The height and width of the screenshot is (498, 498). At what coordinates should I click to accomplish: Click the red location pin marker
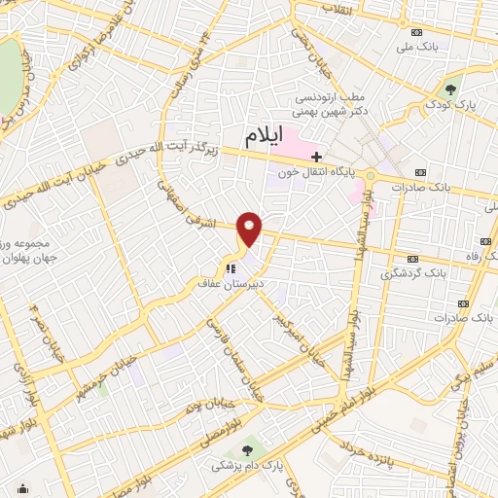pyautogui.click(x=250, y=230)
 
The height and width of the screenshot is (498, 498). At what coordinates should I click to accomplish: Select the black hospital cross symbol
pyautogui.click(x=316, y=156)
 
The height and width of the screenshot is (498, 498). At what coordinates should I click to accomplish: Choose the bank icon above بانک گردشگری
pyautogui.click(x=412, y=259)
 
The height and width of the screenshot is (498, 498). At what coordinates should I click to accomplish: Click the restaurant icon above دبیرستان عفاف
pyautogui.click(x=231, y=268)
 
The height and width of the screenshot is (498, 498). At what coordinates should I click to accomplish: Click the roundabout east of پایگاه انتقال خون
pyautogui.click(x=370, y=176)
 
